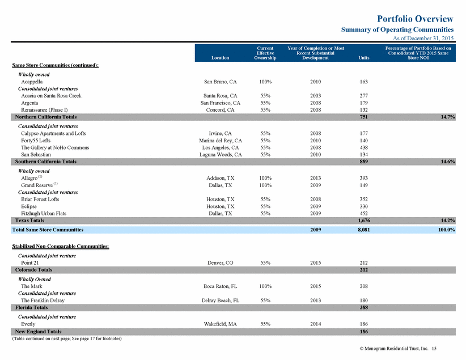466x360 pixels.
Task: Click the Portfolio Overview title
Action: coord(415,19)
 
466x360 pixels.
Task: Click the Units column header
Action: coord(364,58)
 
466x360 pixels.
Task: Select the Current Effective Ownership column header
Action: coord(265,53)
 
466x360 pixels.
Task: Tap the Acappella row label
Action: coord(32,82)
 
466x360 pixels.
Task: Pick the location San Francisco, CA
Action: coord(220,103)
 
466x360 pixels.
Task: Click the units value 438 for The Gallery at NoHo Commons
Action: coord(364,147)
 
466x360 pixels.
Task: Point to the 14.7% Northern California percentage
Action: coord(447,117)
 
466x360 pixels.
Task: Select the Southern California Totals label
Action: coord(46,162)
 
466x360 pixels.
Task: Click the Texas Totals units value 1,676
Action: coord(364,221)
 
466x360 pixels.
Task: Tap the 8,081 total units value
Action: coord(364,230)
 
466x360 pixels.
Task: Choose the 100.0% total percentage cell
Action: coord(446,230)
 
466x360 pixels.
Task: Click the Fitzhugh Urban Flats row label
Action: coord(44,213)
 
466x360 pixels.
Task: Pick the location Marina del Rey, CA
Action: coord(221,141)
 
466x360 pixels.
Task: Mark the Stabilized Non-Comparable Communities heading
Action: coord(61,246)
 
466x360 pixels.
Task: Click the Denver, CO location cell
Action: coord(220,263)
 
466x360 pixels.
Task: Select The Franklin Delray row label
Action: coord(43,300)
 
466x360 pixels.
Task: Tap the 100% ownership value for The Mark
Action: coord(265,286)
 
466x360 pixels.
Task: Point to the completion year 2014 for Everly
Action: coord(316,324)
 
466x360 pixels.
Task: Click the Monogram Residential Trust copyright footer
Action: coord(398,349)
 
